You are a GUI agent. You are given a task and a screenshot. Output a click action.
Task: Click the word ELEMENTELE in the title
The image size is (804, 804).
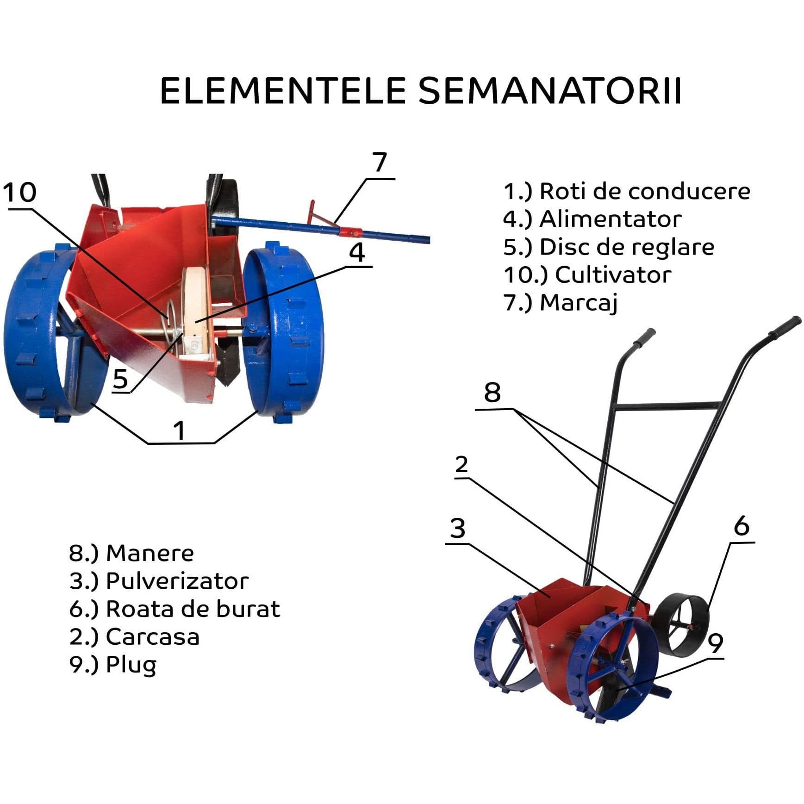(283, 91)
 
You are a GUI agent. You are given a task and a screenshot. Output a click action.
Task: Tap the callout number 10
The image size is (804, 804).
(19, 193)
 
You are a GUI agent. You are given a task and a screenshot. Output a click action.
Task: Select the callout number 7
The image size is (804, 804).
(380, 163)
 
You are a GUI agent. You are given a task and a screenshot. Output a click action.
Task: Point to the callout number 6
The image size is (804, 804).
(741, 526)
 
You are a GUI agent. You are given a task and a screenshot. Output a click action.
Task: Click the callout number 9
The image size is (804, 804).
(716, 643)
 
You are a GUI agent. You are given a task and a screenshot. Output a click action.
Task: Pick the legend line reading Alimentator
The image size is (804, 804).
(592, 219)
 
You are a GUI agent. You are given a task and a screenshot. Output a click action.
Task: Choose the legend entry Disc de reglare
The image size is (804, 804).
(609, 247)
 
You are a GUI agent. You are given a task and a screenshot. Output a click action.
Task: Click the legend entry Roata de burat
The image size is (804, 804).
(175, 609)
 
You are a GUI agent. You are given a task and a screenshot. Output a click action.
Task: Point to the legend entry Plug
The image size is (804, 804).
(113, 665)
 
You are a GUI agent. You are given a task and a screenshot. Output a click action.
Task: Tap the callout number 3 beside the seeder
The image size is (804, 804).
(457, 528)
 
